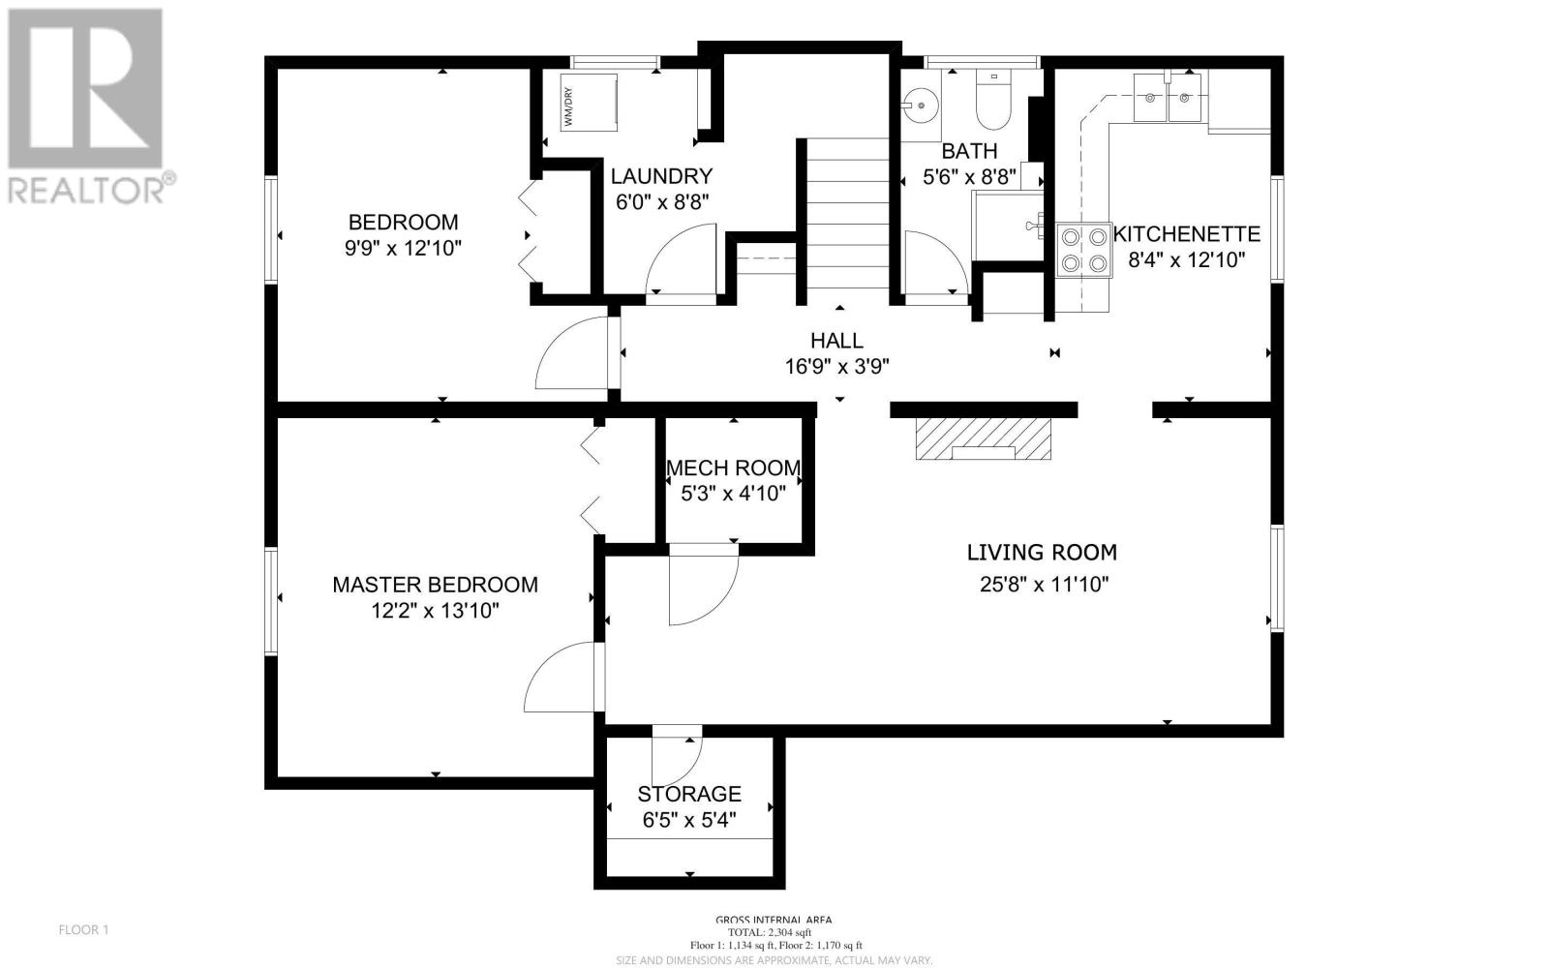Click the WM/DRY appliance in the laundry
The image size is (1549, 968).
(589, 103)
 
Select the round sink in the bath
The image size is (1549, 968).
(921, 106)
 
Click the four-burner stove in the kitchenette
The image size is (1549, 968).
(1083, 251)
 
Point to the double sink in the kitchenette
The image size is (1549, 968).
(1168, 98)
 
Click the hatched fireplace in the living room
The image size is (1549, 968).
(984, 439)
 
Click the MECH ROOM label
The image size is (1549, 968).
(734, 469)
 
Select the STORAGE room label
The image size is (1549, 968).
(689, 794)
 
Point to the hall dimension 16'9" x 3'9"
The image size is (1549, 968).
(836, 367)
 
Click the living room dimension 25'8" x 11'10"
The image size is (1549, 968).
(1045, 585)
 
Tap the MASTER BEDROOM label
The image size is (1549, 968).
(435, 585)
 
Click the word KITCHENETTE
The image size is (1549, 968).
(1187, 233)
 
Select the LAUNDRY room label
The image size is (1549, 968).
(662, 176)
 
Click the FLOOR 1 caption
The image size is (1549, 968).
(83, 930)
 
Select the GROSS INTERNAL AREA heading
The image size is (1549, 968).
(774, 920)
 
